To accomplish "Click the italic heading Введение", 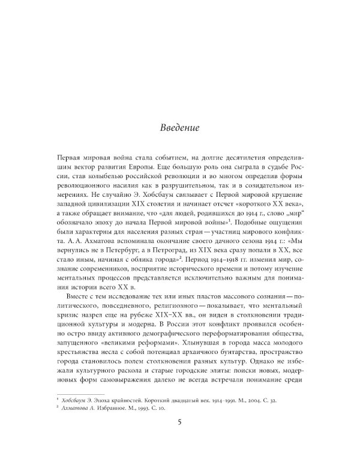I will pos(179,128).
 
